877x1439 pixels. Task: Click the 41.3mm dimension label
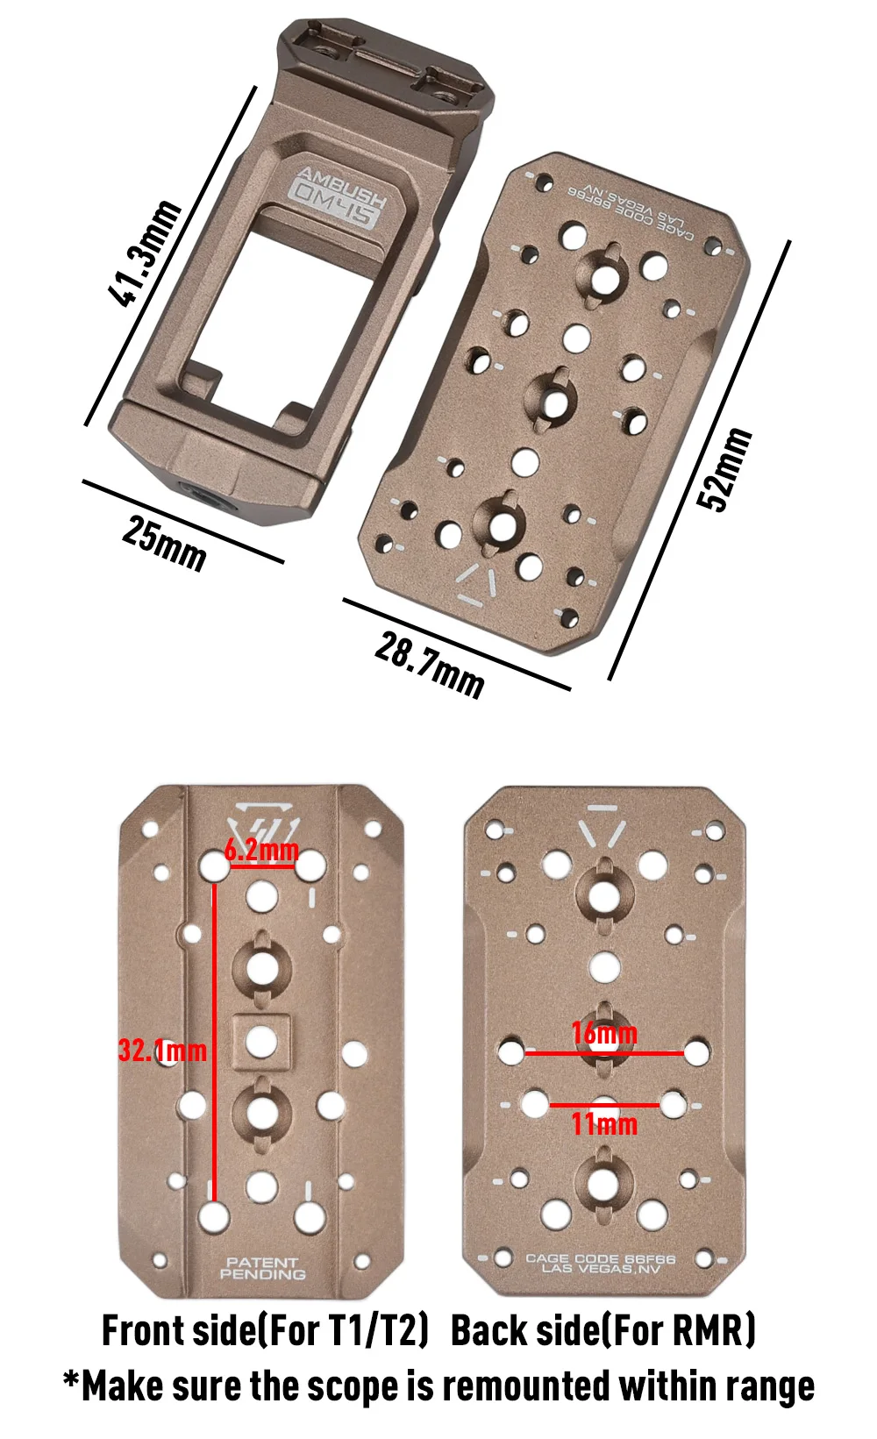tap(146, 253)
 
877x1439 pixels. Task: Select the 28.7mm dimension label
tap(429, 666)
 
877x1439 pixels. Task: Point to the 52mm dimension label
tap(725, 470)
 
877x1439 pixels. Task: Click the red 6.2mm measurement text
tap(261, 851)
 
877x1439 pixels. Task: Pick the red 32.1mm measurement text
tap(162, 1051)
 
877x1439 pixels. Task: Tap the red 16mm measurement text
tap(604, 1033)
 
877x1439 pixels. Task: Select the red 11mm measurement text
tap(604, 1124)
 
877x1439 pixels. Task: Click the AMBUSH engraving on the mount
tap(344, 188)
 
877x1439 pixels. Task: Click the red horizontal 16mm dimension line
tap(604, 1053)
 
